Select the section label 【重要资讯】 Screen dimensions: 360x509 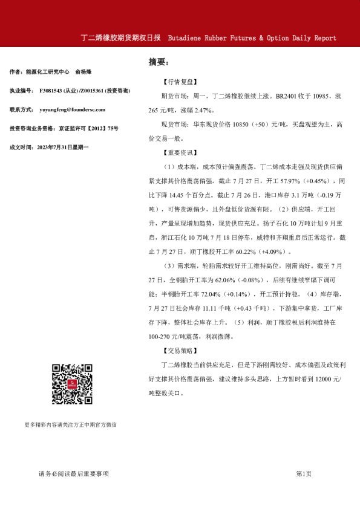click(180, 153)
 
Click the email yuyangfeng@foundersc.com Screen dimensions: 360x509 click(72, 109)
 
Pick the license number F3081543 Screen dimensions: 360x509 click(53, 91)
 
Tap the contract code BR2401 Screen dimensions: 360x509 click(287, 96)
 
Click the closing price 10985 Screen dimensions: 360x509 click(322, 96)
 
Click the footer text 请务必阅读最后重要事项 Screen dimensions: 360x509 click(73, 473)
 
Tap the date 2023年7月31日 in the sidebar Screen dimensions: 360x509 click(57, 147)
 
